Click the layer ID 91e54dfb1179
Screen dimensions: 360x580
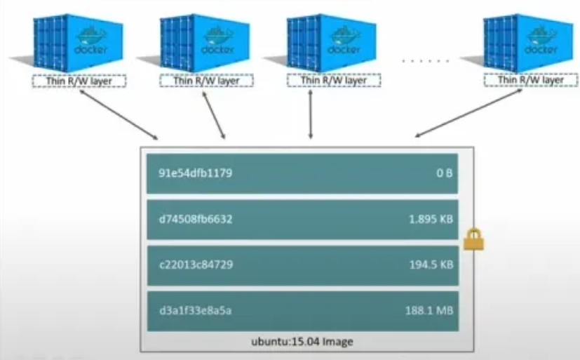pyautogui.click(x=196, y=173)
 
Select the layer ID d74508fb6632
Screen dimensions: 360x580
pyautogui.click(x=196, y=219)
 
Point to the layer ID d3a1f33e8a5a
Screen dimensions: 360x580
pyautogui.click(x=196, y=310)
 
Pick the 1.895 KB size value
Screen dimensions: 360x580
pyautogui.click(x=430, y=219)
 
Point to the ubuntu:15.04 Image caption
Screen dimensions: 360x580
pyautogui.click(x=302, y=342)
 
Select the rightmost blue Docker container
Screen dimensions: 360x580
pyautogui.click(x=530, y=42)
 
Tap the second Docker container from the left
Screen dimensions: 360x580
pyautogui.click(x=205, y=42)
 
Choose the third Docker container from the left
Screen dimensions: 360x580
pyautogui.click(x=332, y=42)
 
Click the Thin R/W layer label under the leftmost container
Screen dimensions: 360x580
pyautogui.click(x=79, y=81)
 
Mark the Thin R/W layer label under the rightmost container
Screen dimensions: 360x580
pyautogui.click(x=530, y=81)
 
